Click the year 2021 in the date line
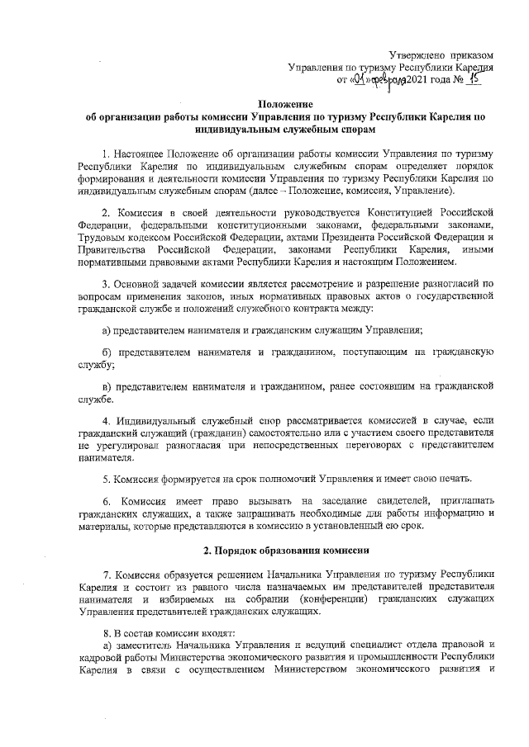[419, 81]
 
